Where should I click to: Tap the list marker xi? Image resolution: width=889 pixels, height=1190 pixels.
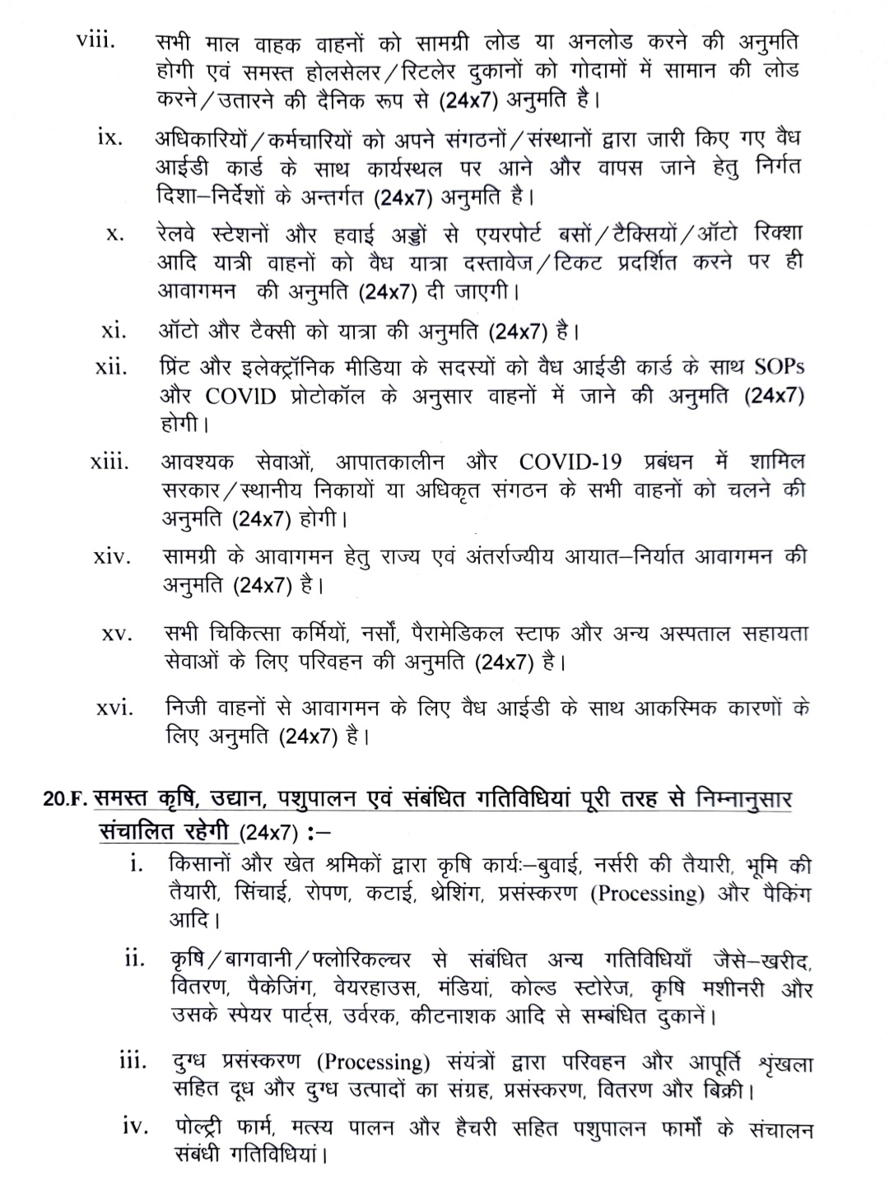pos(113,332)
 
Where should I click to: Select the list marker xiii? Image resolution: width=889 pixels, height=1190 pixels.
pos(109,462)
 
